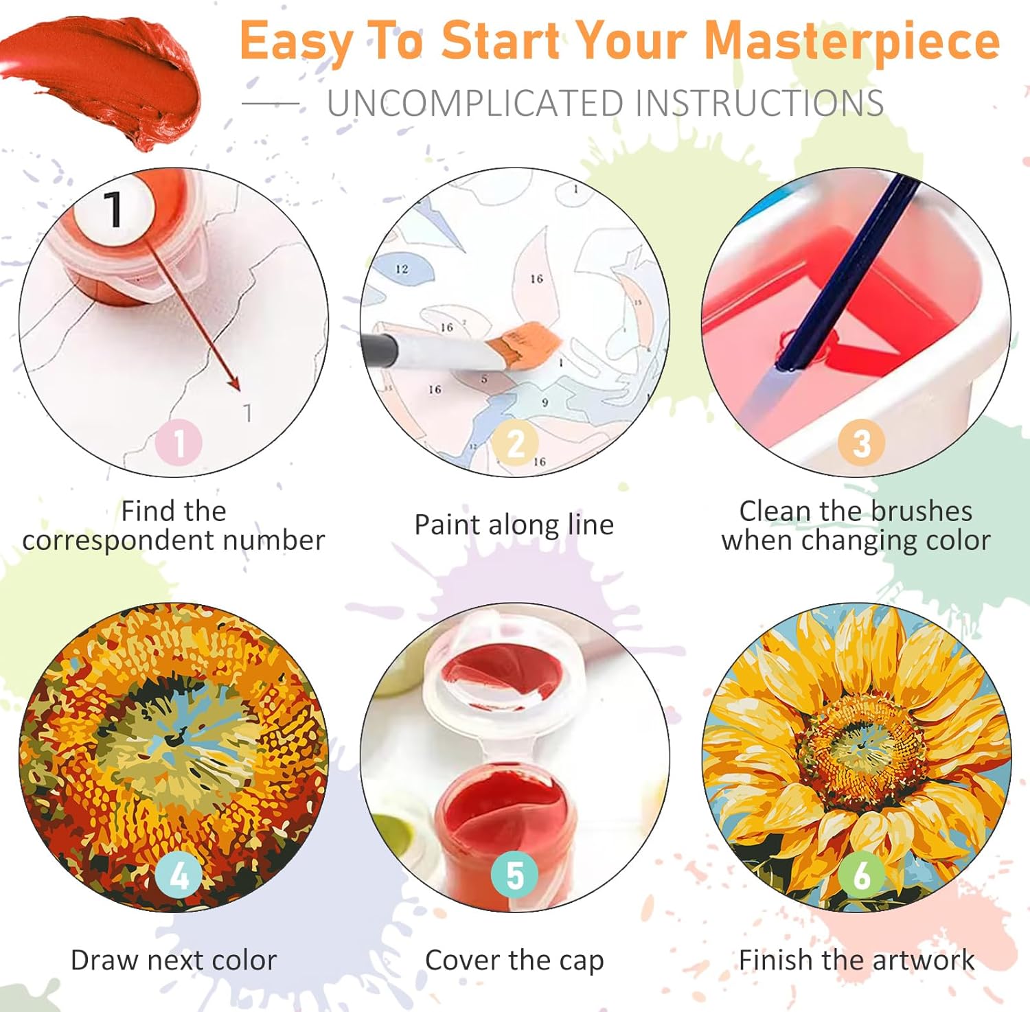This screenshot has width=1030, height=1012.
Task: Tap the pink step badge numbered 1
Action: (x=179, y=443)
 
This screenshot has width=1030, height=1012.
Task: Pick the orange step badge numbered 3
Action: (x=861, y=443)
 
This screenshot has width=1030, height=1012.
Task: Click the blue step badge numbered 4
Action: (x=179, y=875)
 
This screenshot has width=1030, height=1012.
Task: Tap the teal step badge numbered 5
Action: (x=515, y=875)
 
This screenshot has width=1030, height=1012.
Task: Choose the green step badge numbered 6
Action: (x=861, y=875)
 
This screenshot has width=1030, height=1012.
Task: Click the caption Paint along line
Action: (x=514, y=525)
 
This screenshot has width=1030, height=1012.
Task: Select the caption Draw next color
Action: (x=174, y=960)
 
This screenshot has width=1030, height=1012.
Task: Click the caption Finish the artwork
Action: (x=856, y=960)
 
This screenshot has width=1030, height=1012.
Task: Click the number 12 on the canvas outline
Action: (x=402, y=269)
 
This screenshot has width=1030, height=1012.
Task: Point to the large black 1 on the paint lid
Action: (x=113, y=208)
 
